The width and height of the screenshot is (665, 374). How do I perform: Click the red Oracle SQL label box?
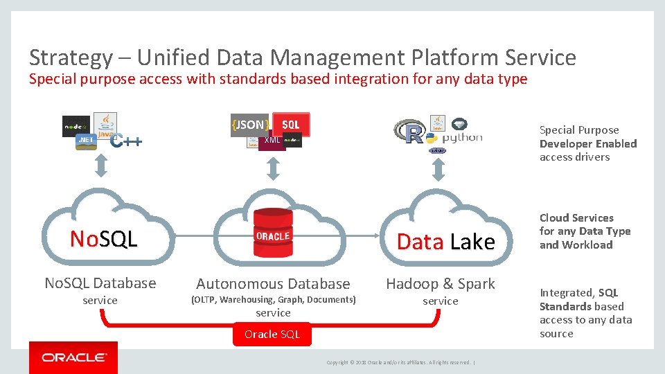pos(272,335)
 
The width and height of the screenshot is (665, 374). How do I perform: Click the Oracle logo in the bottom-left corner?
pos(73,357)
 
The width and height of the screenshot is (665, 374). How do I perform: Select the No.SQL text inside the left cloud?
pos(104,239)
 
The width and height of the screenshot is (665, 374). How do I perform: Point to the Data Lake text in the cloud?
pos(445,242)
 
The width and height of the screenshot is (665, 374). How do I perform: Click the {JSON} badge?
pos(249,125)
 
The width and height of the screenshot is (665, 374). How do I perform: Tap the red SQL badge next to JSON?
pos(291,124)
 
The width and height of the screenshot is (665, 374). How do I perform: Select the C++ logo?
pos(127,141)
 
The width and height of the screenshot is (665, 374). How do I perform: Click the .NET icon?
pos(85,141)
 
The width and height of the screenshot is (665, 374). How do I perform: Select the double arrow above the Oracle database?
pos(273,167)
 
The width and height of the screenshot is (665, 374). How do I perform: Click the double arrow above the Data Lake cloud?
pos(438,167)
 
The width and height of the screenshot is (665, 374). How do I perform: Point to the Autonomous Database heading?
pos(273,283)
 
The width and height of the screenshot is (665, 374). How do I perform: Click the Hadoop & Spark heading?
pos(441,283)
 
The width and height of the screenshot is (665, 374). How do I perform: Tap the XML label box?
pos(272,141)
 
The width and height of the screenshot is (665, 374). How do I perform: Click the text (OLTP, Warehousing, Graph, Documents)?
pos(273,300)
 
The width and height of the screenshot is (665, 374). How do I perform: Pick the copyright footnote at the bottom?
pos(400,362)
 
